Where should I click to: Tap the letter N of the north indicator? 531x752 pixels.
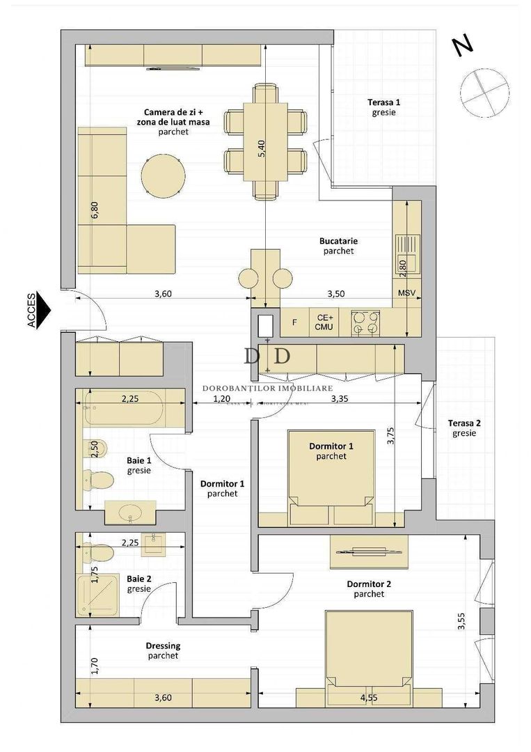click(462, 45)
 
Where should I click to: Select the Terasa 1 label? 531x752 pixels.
click(384, 102)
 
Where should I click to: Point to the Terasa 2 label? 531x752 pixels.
click(463, 423)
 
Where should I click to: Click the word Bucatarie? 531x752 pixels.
click(339, 241)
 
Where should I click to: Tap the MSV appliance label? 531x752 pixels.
click(406, 293)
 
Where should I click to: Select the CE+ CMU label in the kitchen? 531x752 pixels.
click(324, 322)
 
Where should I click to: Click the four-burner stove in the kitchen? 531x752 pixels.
click(365, 322)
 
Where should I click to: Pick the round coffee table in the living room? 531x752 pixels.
click(163, 176)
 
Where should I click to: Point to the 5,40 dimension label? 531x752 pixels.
click(262, 150)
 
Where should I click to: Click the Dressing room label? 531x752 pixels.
click(163, 645)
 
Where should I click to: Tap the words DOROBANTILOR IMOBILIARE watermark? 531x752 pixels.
click(267, 389)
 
